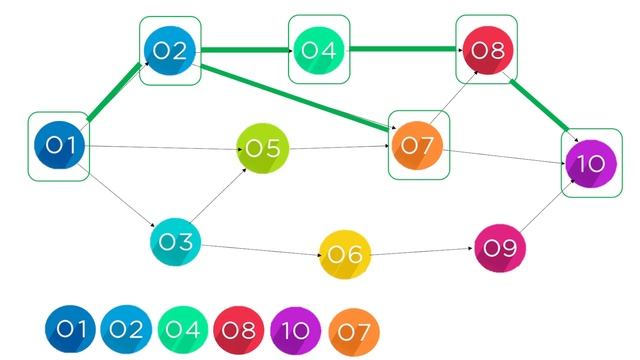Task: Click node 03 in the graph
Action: coord(177,241)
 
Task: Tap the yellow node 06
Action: coord(345,254)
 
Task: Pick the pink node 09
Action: coord(500,247)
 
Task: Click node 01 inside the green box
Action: coord(60,146)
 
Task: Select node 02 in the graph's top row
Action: coord(170,51)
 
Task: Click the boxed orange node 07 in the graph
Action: coord(418,145)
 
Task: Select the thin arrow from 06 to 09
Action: coord(420,251)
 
